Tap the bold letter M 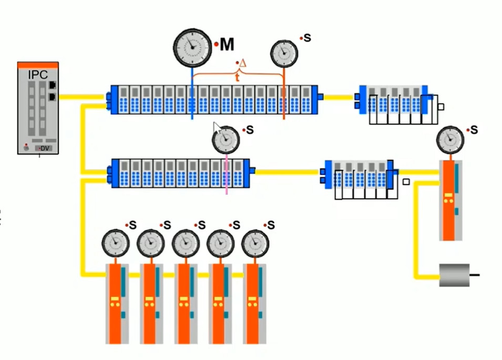227,45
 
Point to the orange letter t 237,76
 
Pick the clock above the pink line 226,139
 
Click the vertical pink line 227,173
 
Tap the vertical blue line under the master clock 192,95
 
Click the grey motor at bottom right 454,275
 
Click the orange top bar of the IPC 38,65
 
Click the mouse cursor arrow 217,128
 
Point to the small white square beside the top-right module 440,107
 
